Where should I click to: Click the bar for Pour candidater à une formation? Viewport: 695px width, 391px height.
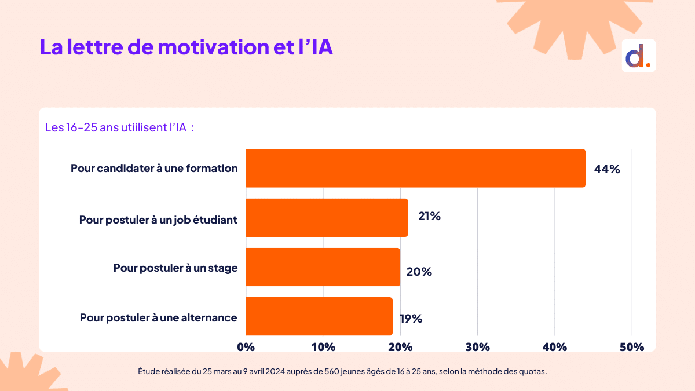pos(415,168)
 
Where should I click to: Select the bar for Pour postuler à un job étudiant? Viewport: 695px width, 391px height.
pos(327,218)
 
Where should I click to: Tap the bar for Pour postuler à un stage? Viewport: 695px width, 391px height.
pos(323,267)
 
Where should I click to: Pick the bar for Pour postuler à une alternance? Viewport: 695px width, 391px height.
pos(319,316)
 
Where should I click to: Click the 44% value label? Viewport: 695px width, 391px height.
pos(607,169)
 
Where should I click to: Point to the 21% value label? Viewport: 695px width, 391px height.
pos(429,216)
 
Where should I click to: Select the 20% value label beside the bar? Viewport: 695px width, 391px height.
pos(419,271)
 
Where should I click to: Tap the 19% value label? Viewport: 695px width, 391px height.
pos(411,318)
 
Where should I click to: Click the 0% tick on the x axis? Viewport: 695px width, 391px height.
pos(246,347)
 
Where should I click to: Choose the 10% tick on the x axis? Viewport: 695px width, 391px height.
pos(323,347)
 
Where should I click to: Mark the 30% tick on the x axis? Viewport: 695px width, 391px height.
pos(477,347)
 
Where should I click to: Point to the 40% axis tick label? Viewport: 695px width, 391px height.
pos(555,347)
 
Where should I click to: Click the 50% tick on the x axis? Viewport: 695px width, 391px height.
pos(632,347)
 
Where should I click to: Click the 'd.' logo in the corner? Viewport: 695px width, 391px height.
pos(638,56)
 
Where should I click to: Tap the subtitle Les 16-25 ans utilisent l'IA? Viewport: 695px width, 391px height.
pos(119,127)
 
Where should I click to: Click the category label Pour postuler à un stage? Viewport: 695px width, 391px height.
pos(175,268)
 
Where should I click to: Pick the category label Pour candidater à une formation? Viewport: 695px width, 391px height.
pos(154,169)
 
